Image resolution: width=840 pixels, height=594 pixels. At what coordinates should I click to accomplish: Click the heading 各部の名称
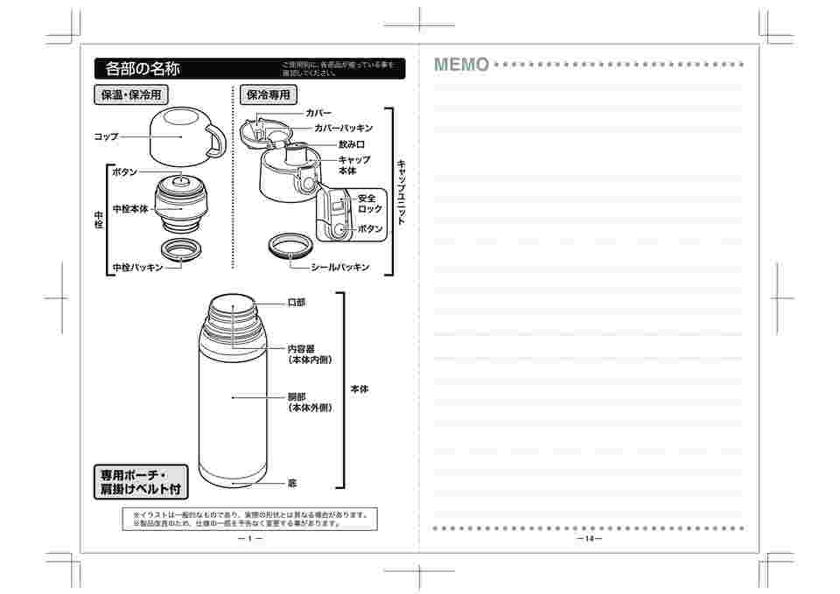coord(143,68)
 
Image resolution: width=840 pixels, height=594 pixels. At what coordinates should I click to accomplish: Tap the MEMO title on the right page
coord(461,65)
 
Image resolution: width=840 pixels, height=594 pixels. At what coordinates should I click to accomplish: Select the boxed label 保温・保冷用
coord(130,94)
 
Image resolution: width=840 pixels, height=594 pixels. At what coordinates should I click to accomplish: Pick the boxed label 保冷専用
coord(269,94)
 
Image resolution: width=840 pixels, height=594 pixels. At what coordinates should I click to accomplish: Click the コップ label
coord(106,136)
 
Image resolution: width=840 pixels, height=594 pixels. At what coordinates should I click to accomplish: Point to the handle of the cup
coord(214,142)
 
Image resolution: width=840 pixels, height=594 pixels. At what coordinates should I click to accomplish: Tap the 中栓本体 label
coord(129,209)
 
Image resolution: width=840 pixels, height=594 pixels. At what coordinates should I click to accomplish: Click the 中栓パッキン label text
coord(137,267)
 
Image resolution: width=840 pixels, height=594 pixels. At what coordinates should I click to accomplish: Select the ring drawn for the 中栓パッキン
coord(180,250)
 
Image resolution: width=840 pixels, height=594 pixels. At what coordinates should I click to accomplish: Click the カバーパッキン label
coord(343,128)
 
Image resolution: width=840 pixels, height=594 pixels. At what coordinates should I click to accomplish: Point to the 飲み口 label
coord(351,144)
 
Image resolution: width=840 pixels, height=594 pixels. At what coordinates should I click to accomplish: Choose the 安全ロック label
coord(370,204)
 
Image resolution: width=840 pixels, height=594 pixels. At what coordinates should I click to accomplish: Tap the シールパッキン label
coord(339,267)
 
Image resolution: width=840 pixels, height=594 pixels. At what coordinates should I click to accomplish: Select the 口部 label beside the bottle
coord(297,303)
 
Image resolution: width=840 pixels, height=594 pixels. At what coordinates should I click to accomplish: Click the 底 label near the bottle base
coord(292,482)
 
